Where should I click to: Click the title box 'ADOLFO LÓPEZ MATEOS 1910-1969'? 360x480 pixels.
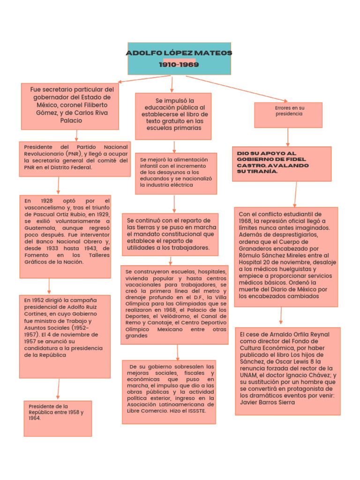(179, 58)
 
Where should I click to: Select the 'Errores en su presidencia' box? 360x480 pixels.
(288, 115)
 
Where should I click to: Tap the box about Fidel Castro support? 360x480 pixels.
(282, 164)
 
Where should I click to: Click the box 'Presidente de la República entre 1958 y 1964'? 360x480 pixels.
(58, 418)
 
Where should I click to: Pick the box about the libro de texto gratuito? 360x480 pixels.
(173, 116)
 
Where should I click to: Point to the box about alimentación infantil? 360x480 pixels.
(176, 173)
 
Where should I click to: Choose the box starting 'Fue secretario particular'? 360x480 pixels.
(70, 106)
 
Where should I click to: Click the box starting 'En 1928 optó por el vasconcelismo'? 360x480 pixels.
(65, 236)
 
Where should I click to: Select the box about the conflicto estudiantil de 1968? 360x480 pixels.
(285, 257)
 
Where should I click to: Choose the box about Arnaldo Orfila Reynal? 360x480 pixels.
(287, 371)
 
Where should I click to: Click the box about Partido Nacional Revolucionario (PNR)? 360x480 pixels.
(75, 159)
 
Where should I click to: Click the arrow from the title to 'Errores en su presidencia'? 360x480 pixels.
(237, 88)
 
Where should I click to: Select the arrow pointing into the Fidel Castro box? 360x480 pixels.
(288, 137)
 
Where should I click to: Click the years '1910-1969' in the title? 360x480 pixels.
(179, 65)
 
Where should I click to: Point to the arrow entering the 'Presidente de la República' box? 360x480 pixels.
(59, 389)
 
